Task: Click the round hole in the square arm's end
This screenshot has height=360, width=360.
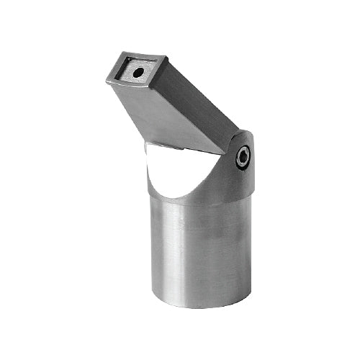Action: point(136,73)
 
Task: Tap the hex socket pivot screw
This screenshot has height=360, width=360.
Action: point(243,157)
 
